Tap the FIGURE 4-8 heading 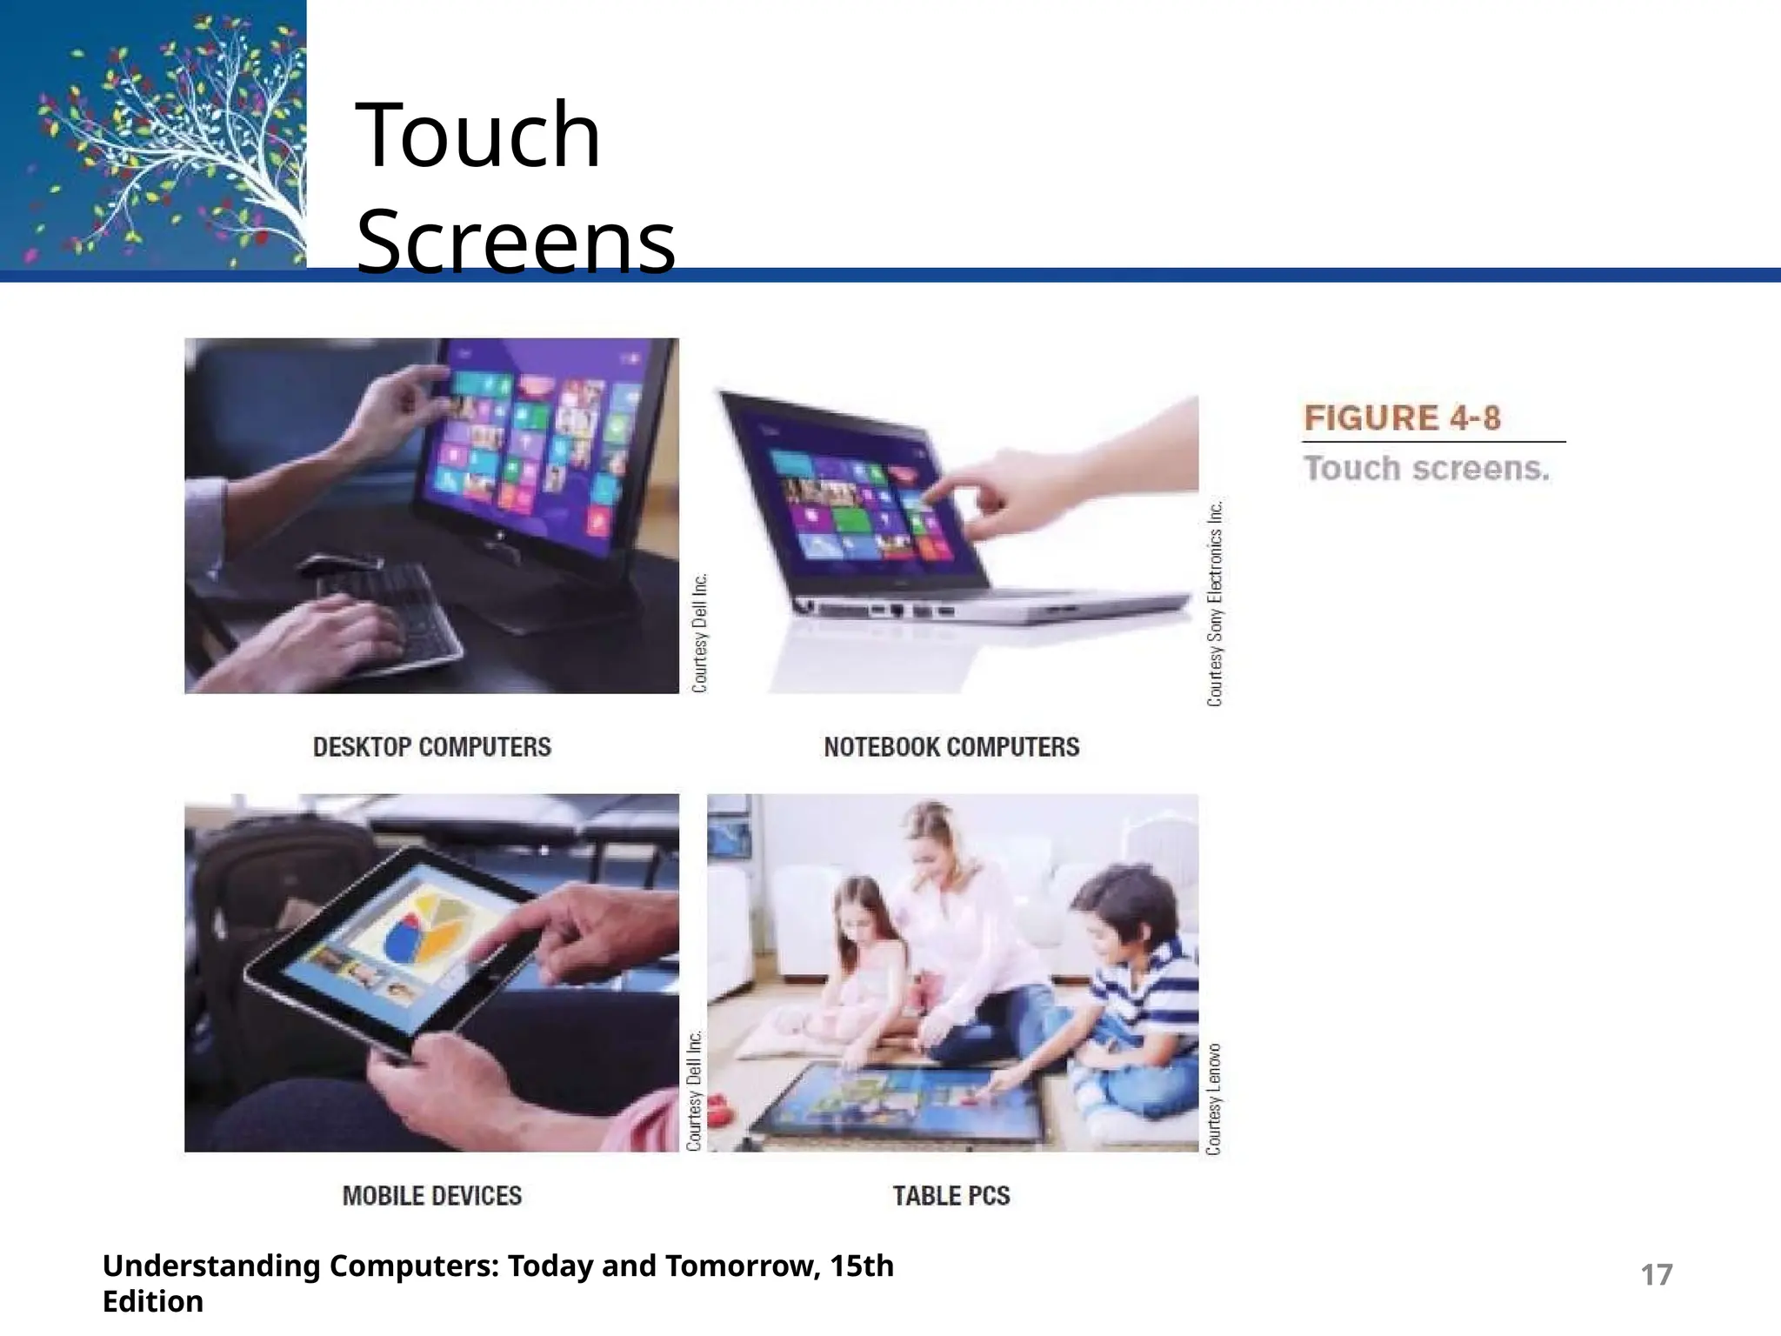[x=1402, y=418]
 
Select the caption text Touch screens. [x=1426, y=469]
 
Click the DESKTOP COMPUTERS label [x=432, y=747]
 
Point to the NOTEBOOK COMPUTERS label [x=951, y=747]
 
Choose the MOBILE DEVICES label [x=432, y=1196]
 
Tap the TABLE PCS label [x=951, y=1196]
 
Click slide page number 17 [x=1656, y=1275]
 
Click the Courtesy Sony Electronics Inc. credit [x=1215, y=603]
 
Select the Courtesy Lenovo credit [x=1214, y=1099]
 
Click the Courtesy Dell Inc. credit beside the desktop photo [x=700, y=632]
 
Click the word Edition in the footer [x=153, y=1302]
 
